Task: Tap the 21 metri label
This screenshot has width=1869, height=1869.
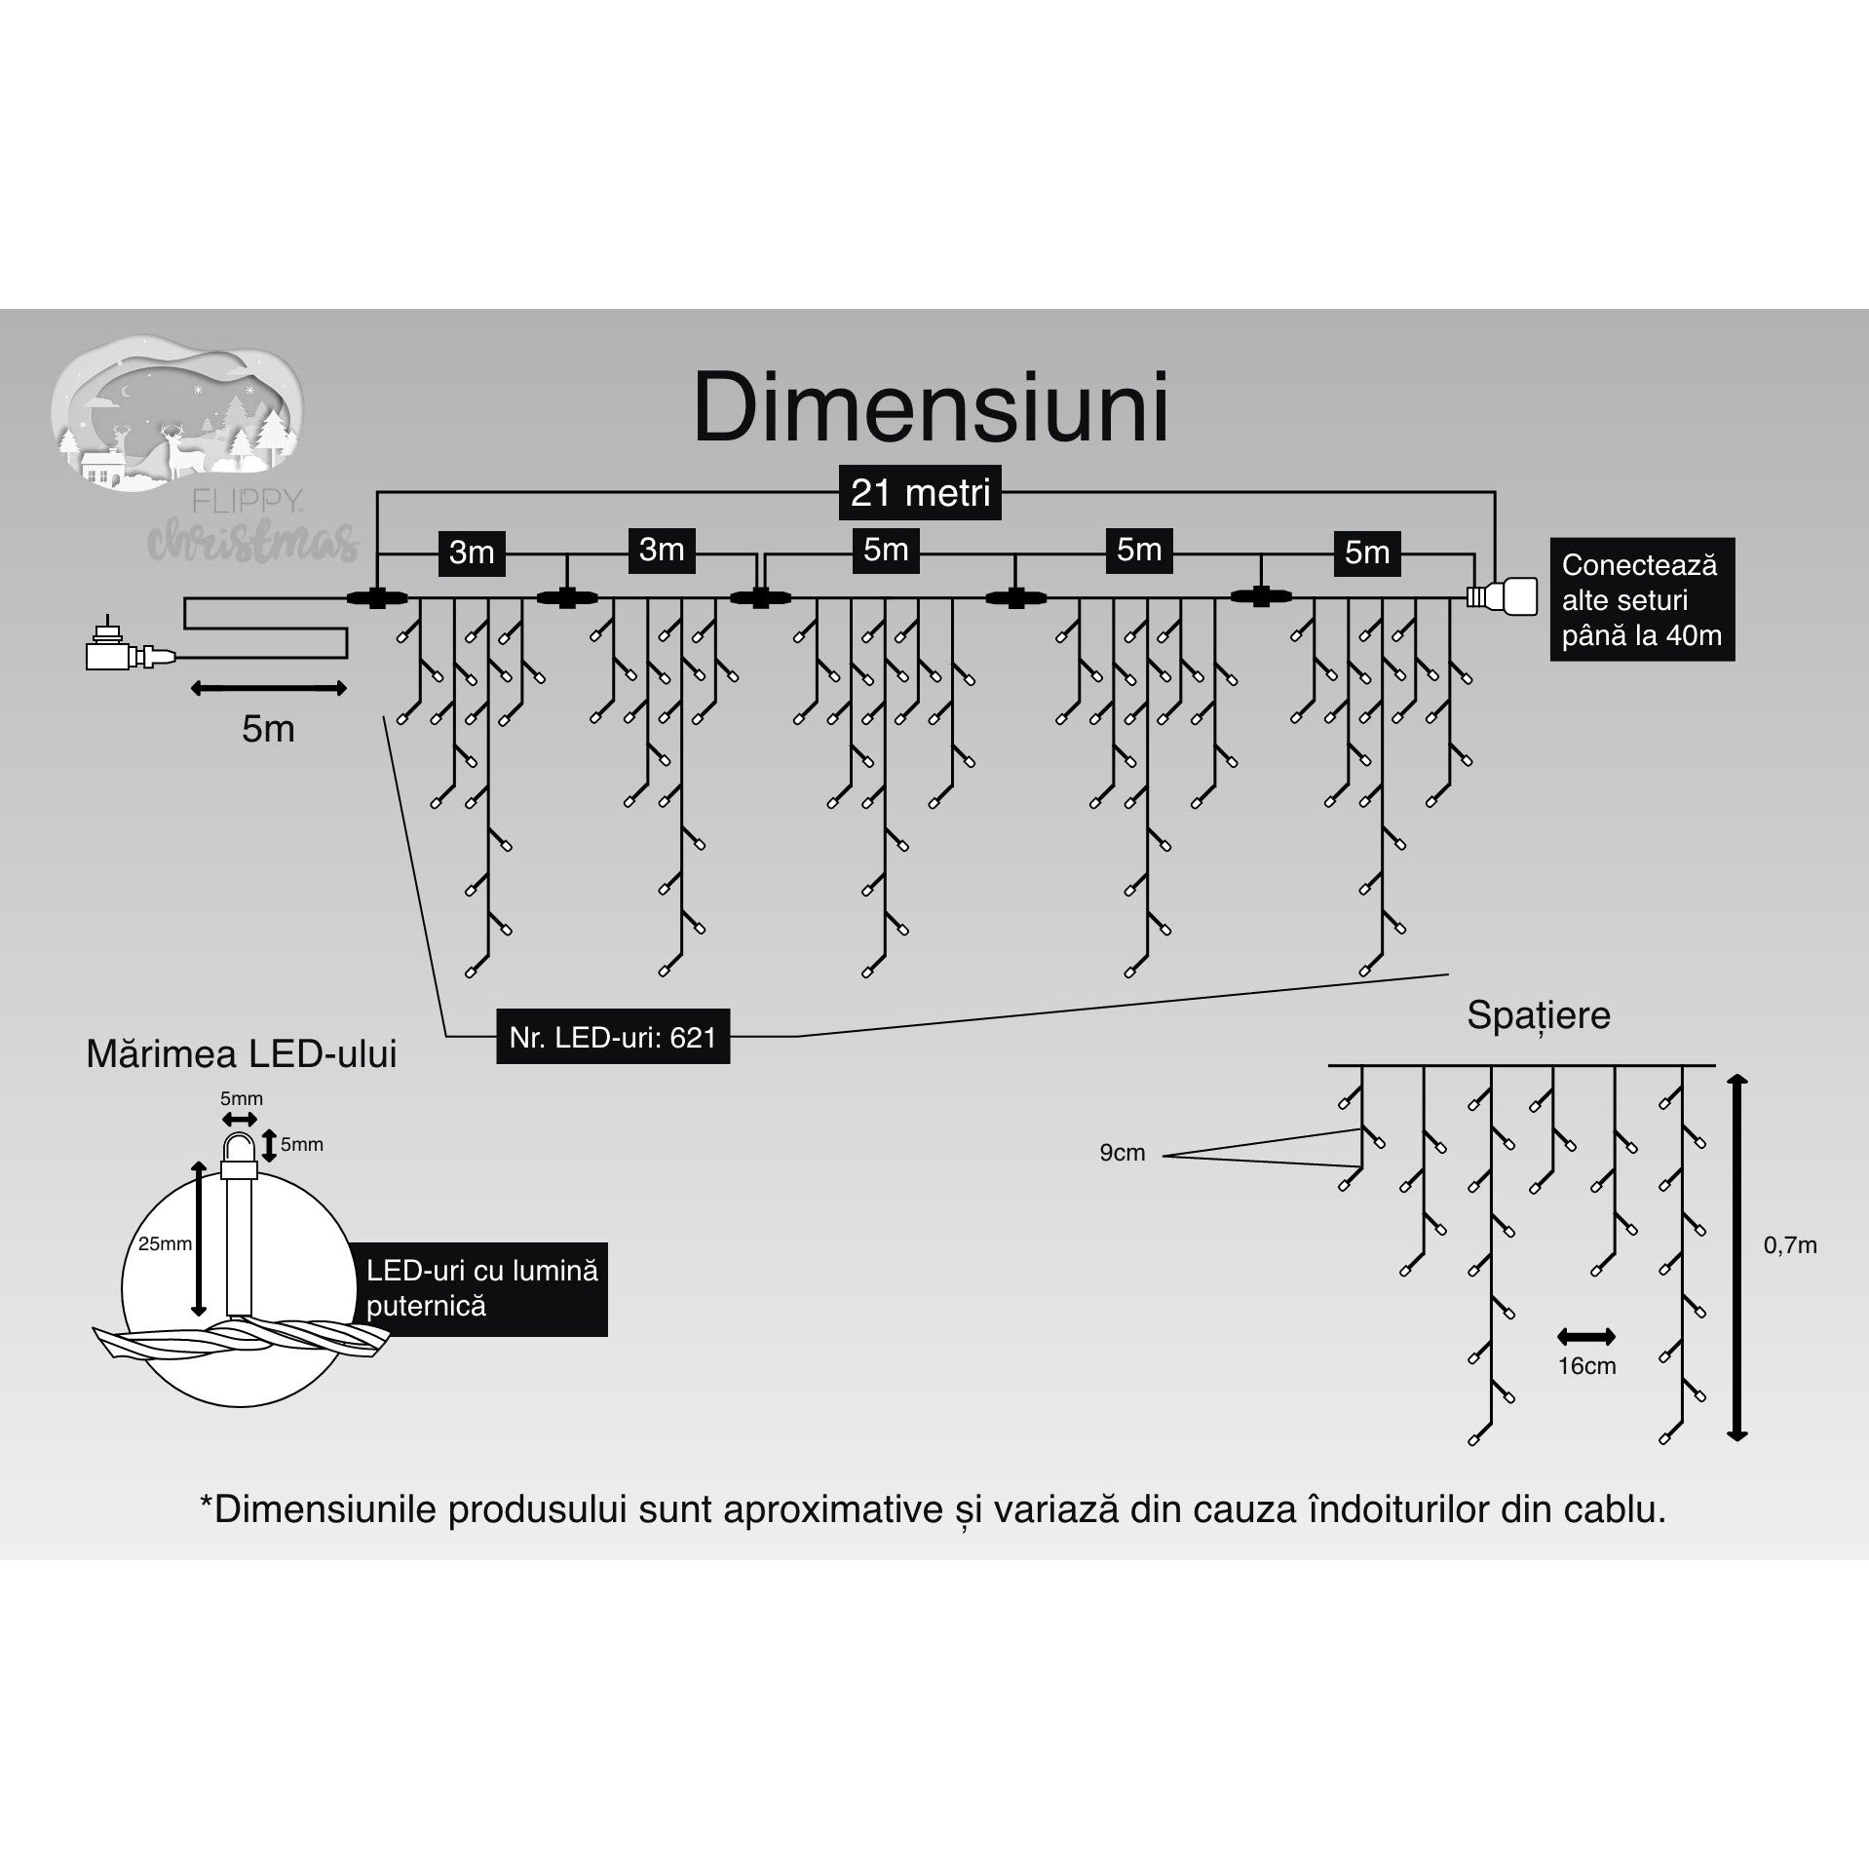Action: pyautogui.click(x=920, y=493)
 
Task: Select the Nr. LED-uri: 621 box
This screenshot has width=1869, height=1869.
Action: pyautogui.click(x=612, y=1037)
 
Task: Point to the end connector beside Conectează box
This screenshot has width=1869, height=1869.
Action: pyautogui.click(x=1503, y=595)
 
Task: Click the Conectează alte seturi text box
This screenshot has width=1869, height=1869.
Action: pyautogui.click(x=1642, y=600)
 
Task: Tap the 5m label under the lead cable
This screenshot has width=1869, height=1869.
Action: pyautogui.click(x=268, y=729)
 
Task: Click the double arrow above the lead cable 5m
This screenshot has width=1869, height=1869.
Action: pyautogui.click(x=268, y=689)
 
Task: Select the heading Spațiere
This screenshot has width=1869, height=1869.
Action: pyautogui.click(x=1538, y=1015)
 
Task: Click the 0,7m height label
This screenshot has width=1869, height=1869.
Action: pyautogui.click(x=1790, y=1245)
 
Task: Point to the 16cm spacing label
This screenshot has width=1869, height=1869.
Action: pyautogui.click(x=1586, y=1366)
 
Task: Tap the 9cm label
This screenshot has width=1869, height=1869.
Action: pyautogui.click(x=1122, y=1154)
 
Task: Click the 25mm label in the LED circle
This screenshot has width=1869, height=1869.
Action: pyautogui.click(x=165, y=1244)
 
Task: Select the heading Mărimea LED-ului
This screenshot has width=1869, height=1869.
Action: pyautogui.click(x=242, y=1055)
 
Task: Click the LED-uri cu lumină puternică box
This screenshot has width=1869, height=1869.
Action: pyautogui.click(x=482, y=1288)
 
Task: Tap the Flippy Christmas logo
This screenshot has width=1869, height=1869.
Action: pyautogui.click(x=195, y=448)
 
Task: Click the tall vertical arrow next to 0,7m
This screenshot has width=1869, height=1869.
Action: pyautogui.click(x=1736, y=1257)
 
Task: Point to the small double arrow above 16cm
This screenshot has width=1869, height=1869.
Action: pyautogui.click(x=1586, y=1336)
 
